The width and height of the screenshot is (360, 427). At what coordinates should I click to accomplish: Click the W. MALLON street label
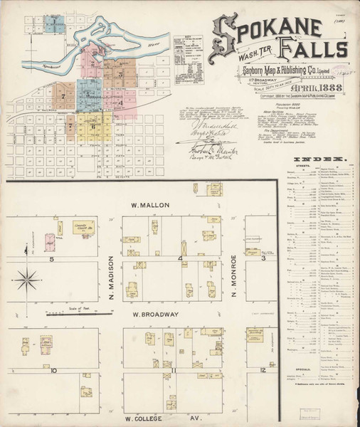click(x=152, y=204)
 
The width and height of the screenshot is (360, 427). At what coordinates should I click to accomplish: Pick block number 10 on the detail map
click(x=53, y=370)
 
